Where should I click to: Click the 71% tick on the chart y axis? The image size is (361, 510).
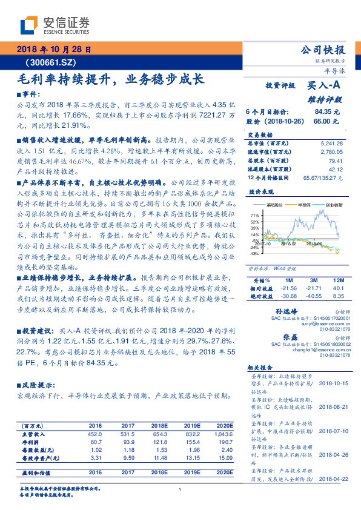point(255,214)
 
